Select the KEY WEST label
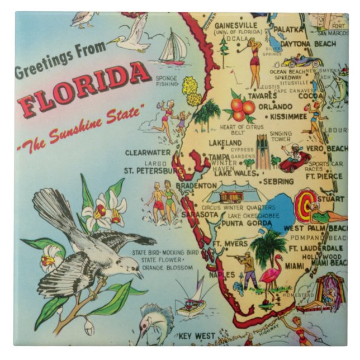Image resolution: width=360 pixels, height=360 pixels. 196,335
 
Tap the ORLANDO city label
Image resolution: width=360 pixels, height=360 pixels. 274,106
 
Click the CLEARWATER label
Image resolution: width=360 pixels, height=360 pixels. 148,153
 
